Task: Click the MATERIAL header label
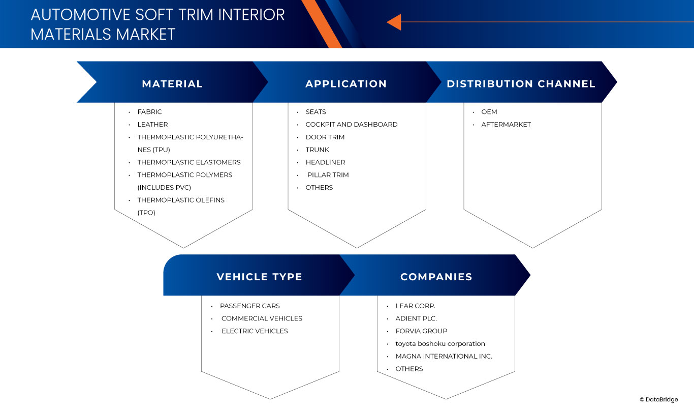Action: (x=172, y=84)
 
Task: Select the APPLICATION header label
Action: (x=346, y=84)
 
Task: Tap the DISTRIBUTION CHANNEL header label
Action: (x=521, y=84)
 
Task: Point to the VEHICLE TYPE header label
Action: (x=259, y=277)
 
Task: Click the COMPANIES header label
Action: (x=436, y=277)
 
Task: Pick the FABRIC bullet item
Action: (x=149, y=112)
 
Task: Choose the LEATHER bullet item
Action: (x=152, y=125)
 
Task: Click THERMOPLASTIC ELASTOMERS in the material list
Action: (x=188, y=162)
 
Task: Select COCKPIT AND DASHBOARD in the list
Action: (x=351, y=125)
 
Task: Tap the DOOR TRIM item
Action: (x=325, y=137)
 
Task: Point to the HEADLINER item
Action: (x=325, y=162)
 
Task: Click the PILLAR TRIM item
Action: (x=328, y=175)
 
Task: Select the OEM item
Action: (x=489, y=112)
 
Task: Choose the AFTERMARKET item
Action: (x=506, y=125)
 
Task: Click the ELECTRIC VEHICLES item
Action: (x=255, y=331)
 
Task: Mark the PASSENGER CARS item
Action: (x=249, y=306)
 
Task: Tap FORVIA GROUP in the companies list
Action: (x=421, y=331)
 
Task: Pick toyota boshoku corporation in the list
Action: (x=440, y=344)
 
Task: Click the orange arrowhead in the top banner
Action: (x=394, y=22)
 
